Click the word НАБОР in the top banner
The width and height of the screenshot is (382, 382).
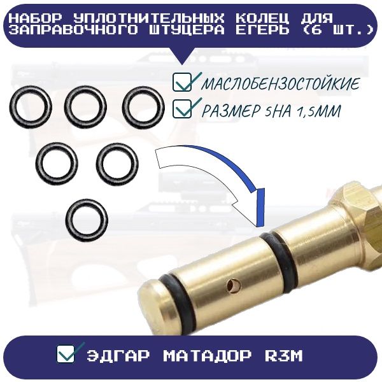click(37, 18)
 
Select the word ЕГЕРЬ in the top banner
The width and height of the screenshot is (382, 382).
click(262, 30)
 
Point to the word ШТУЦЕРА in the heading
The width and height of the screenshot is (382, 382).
click(186, 30)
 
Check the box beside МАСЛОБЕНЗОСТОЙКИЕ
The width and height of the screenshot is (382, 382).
click(182, 82)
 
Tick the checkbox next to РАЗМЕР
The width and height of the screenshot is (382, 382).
click(182, 109)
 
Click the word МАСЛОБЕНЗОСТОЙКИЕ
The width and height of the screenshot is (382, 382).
click(280, 84)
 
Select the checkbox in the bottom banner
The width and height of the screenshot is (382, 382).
click(66, 353)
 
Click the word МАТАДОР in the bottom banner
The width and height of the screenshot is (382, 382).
click(207, 356)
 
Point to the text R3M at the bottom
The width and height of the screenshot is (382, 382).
click(283, 356)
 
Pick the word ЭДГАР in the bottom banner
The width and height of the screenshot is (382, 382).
click(118, 356)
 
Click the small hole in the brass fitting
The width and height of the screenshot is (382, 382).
click(234, 285)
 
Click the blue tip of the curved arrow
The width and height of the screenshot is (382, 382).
click(260, 208)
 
